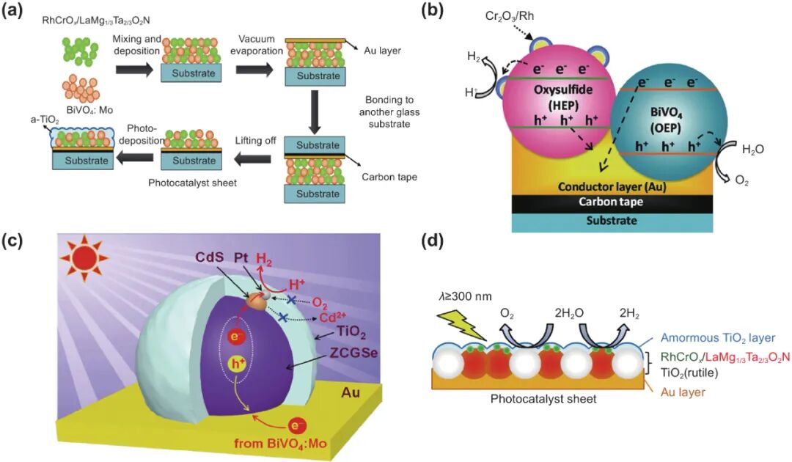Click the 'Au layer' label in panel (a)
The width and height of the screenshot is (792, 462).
point(381,51)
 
